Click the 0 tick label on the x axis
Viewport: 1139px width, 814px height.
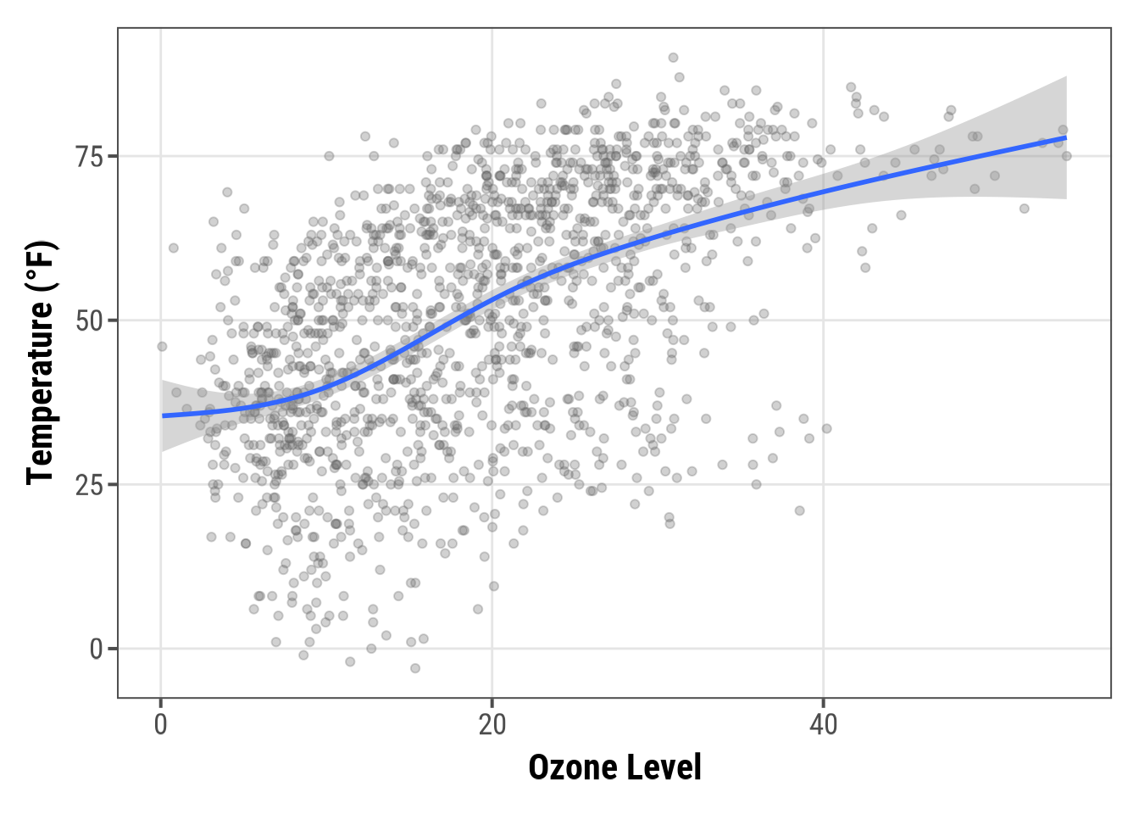tap(161, 726)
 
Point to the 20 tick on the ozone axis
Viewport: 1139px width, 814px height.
tap(492, 726)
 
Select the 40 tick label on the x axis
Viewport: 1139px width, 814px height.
tap(823, 726)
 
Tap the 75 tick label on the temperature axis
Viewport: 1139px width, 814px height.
tap(89, 157)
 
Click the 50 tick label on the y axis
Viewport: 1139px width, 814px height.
tap(89, 321)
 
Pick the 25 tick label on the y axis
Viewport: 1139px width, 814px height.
tap(89, 485)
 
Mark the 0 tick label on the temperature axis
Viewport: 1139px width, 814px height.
tap(97, 650)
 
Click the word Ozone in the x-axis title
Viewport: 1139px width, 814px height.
tap(569, 767)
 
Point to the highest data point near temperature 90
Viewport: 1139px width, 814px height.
tap(673, 58)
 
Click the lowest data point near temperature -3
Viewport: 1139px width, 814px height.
tap(415, 668)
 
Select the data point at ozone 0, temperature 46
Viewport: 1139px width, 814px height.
tap(162, 346)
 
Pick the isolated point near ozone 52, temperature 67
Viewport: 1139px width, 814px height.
tap(1024, 209)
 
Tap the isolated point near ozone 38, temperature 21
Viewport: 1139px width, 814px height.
tap(799, 510)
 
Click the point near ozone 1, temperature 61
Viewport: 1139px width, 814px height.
tap(174, 248)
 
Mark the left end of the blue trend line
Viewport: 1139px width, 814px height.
tap(163, 415)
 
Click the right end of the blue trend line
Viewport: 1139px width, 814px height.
tap(1065, 137)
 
